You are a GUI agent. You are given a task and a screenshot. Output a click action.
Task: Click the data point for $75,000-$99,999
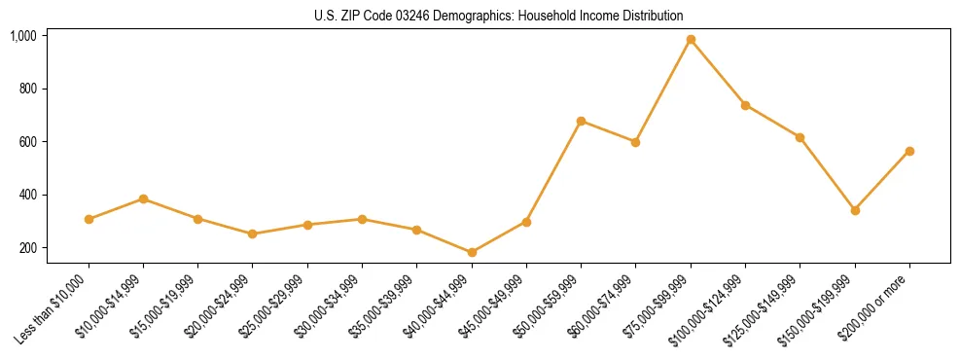coord(691,40)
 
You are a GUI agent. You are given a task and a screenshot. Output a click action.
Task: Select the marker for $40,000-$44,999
coord(472,252)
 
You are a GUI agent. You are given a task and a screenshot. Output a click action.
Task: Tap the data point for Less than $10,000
coord(89,219)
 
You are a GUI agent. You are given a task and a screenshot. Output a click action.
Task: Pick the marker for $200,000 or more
coord(909,151)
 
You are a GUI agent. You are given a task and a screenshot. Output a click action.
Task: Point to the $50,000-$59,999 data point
coord(581,121)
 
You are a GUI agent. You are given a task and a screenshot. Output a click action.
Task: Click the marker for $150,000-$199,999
coord(855,210)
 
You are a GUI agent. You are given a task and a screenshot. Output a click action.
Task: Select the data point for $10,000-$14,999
coord(143,198)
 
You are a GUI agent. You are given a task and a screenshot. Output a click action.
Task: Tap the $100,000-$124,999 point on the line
coord(745,105)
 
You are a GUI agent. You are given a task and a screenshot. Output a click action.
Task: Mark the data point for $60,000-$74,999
coord(635,142)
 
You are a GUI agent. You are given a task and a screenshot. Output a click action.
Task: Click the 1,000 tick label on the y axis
coord(23,36)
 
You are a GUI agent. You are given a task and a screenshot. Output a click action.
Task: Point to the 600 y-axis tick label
coord(27,142)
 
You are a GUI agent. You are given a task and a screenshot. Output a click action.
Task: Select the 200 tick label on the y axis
coord(27,248)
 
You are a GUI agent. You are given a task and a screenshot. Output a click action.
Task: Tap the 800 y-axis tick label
coord(27,89)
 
